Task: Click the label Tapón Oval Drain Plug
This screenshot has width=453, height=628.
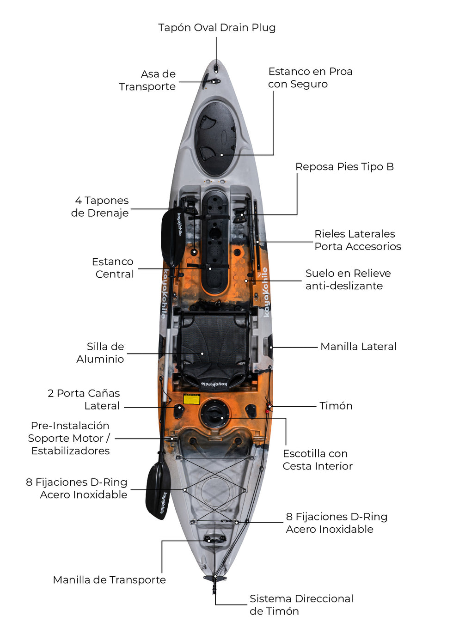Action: [217, 28]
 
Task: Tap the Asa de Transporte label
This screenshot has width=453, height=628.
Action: [147, 80]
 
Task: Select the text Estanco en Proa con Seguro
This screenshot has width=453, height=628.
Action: [310, 78]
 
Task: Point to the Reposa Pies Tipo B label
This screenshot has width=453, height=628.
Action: [344, 167]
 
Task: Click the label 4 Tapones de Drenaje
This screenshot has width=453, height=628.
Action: [100, 207]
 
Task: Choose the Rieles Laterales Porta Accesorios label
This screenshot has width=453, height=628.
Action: [357, 240]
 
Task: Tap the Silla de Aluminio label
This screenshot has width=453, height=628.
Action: [101, 353]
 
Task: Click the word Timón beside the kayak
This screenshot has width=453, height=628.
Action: [336, 406]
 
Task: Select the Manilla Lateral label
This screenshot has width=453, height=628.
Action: [358, 347]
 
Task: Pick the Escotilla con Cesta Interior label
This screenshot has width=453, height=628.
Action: [318, 460]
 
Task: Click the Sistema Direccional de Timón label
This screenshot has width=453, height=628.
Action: [301, 605]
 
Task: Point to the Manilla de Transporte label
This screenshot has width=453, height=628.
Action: [110, 580]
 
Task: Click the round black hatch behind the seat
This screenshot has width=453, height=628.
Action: [214, 413]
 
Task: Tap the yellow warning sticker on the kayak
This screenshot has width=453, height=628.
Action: [191, 399]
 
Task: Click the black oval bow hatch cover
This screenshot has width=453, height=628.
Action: [215, 138]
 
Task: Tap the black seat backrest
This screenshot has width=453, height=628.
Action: [213, 342]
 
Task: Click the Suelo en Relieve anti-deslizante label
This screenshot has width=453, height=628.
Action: [348, 280]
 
